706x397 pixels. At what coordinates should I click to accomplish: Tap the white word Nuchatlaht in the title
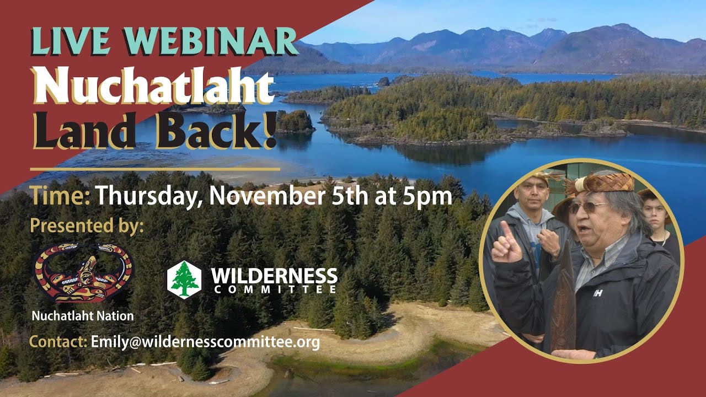tap(153, 85)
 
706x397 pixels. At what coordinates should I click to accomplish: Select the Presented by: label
tap(87, 227)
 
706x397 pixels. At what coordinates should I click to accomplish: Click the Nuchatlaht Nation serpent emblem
tap(83, 272)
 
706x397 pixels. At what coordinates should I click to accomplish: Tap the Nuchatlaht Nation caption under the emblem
tap(83, 316)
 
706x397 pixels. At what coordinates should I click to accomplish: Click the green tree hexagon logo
tap(184, 280)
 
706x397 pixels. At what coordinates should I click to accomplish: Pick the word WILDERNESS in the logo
tap(274, 276)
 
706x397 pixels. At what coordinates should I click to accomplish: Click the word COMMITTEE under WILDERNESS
tap(275, 289)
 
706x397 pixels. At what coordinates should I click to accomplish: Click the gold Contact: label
tap(58, 342)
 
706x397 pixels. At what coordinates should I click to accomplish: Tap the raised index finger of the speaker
tap(507, 232)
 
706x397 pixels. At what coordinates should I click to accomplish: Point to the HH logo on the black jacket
tap(598, 293)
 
